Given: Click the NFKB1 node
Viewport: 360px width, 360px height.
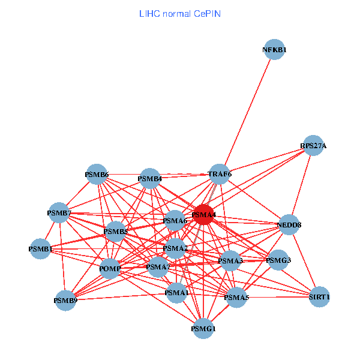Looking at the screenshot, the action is [x=274, y=50].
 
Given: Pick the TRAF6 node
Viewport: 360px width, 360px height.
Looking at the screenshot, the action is [x=220, y=174].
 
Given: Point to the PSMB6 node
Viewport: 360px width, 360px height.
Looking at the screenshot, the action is [x=97, y=175].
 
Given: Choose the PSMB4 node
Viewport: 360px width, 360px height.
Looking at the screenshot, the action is [x=149, y=178].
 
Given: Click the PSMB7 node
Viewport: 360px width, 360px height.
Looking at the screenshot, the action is [x=59, y=212].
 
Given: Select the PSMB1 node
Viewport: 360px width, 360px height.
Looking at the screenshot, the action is [x=41, y=248].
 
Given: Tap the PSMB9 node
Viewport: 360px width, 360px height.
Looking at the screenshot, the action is [x=65, y=300].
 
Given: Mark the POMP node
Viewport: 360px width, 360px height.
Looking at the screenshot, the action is [x=110, y=268].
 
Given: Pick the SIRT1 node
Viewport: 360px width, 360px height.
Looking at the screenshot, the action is [x=320, y=296].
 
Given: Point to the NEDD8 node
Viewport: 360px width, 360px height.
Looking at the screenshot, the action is [x=289, y=225].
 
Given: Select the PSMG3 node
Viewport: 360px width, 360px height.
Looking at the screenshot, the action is [x=278, y=260].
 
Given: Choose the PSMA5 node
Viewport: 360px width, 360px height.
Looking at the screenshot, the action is [x=236, y=297].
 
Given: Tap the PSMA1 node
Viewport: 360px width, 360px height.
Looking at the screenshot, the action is [x=176, y=293].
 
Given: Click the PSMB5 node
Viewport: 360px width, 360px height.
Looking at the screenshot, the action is [x=115, y=231].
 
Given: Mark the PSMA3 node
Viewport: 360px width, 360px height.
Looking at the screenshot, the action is [x=230, y=261].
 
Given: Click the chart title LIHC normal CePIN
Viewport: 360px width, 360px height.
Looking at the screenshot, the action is [x=179, y=13].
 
